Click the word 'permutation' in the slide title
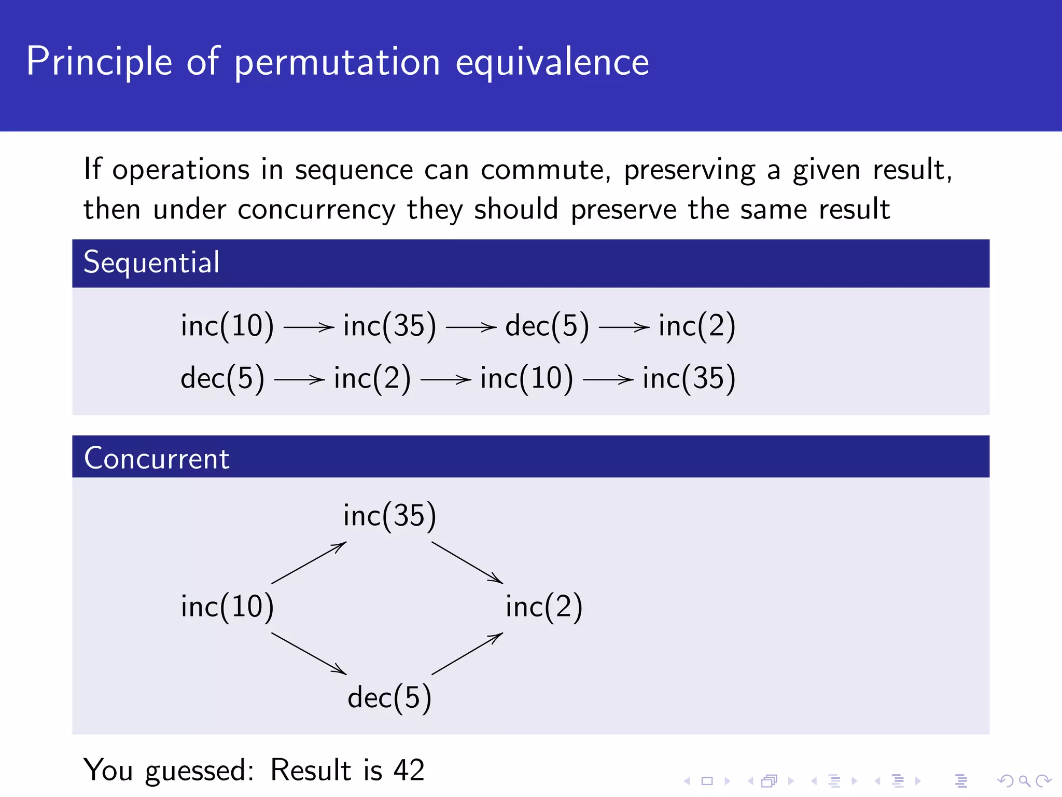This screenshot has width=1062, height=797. coord(337,62)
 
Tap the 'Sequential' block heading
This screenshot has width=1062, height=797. coord(151,263)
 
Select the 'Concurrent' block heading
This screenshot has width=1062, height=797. coord(157,459)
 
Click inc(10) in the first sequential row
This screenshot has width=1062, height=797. coord(227,326)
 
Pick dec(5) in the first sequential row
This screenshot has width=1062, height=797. coord(547,326)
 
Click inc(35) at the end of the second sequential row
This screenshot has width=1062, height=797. coord(689,378)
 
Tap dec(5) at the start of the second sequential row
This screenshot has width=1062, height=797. coord(222,378)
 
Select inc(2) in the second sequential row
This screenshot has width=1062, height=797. coord(372,378)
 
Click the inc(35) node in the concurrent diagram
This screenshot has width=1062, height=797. coord(389,516)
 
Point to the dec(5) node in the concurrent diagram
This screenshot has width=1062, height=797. coord(389,697)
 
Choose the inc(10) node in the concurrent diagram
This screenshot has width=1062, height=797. coord(227,606)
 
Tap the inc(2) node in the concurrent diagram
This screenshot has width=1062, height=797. coord(544,606)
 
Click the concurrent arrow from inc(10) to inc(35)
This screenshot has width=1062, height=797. coord(309,563)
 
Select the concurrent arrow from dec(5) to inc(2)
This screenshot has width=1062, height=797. coord(467,653)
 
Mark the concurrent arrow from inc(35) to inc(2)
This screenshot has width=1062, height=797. coord(467,563)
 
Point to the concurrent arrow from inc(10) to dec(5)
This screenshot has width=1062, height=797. coord(309,653)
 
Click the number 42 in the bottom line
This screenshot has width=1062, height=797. coord(409,770)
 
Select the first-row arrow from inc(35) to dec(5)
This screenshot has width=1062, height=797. coord(471,327)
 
